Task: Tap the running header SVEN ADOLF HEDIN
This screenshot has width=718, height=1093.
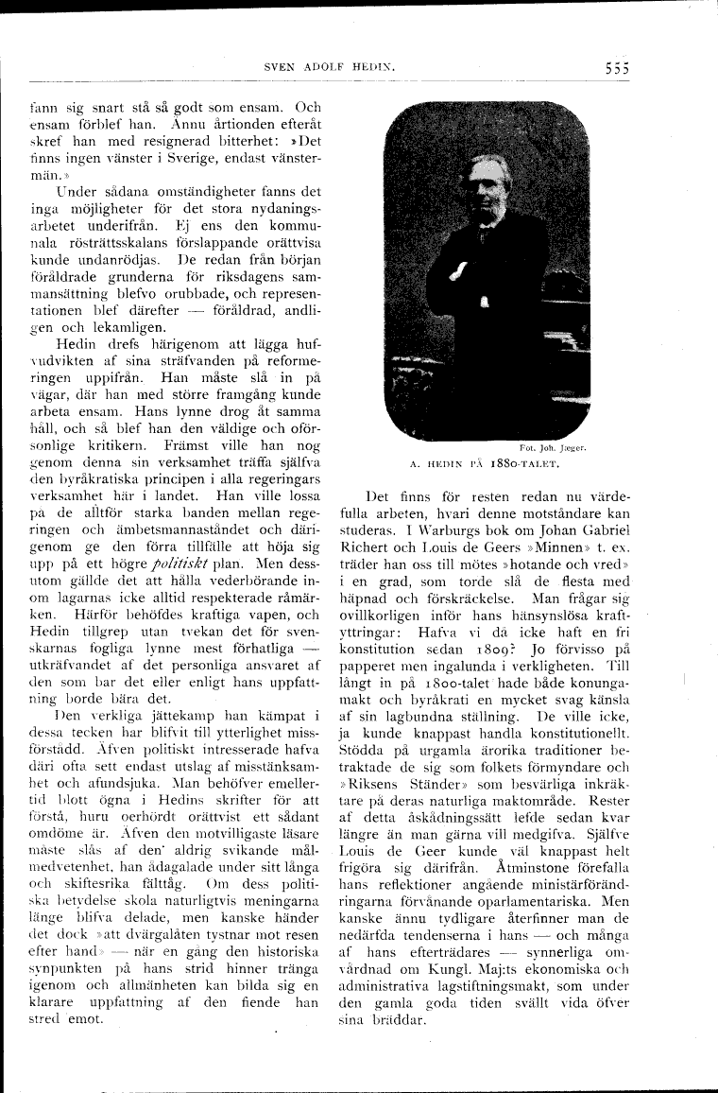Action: point(329,67)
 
